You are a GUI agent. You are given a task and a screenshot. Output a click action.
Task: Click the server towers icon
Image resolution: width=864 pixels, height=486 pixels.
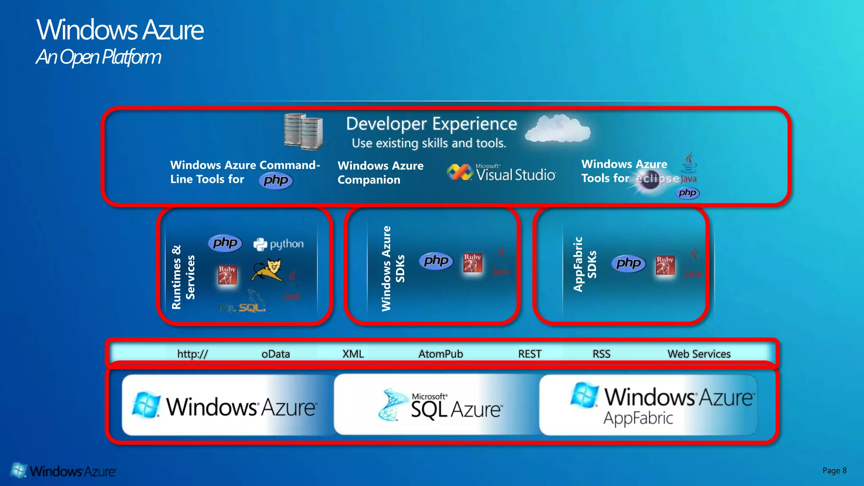(x=303, y=132)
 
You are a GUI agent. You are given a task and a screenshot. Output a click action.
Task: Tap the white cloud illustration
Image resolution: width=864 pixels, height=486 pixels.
(x=558, y=129)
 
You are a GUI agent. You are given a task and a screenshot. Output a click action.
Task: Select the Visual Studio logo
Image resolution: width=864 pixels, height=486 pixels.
(x=502, y=173)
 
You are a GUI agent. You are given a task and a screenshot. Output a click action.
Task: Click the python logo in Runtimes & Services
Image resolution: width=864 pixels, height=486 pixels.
(x=278, y=244)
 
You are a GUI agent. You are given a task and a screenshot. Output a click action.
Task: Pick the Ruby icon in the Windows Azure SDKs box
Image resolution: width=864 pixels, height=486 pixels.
(x=472, y=263)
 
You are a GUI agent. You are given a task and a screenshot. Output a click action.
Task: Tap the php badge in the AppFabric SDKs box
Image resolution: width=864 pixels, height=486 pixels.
(x=628, y=263)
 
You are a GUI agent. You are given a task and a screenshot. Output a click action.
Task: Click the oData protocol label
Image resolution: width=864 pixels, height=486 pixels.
(x=275, y=354)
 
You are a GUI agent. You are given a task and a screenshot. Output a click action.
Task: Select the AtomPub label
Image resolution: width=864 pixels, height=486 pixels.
(x=440, y=354)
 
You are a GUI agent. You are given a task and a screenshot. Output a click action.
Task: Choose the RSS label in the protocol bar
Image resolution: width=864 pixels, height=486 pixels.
(x=601, y=354)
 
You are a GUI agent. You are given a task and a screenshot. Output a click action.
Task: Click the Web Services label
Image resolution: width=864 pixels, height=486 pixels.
(x=699, y=354)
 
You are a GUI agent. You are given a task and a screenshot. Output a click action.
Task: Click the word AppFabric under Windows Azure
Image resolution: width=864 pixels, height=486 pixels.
(x=638, y=418)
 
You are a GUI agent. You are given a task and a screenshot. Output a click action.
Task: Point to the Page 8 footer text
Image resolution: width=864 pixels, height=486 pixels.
(x=834, y=470)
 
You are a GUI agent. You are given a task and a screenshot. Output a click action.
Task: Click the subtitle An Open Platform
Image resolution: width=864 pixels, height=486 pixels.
(x=98, y=57)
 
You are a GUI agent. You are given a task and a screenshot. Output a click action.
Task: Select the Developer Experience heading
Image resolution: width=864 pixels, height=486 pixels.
(x=431, y=124)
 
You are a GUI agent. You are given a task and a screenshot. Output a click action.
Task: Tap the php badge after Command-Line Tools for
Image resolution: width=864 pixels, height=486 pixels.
(x=276, y=180)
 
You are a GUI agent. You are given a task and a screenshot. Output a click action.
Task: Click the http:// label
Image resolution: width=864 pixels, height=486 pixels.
(x=192, y=354)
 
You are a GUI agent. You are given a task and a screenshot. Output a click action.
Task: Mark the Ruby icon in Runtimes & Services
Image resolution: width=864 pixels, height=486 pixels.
(x=227, y=275)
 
